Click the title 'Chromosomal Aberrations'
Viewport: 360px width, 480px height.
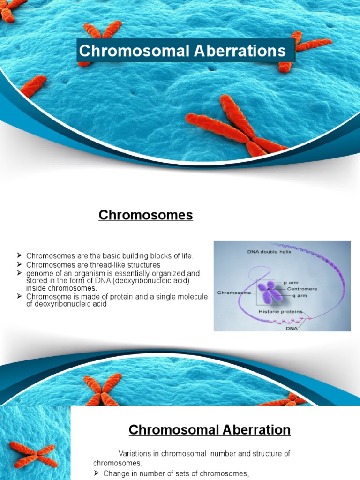[x=182, y=51]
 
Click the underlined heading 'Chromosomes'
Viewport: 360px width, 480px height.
[x=146, y=215]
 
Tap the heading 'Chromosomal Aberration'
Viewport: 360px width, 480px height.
[x=210, y=429]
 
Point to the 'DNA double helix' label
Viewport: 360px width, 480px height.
[x=270, y=252]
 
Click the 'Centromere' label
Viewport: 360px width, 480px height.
[x=302, y=289]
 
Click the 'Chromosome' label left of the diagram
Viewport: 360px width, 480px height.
[x=233, y=292]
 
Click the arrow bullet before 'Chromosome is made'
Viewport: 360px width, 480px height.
[x=20, y=296]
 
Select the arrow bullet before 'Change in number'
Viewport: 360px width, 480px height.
[x=97, y=473]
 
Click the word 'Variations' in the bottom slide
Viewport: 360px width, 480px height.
[x=136, y=454]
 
